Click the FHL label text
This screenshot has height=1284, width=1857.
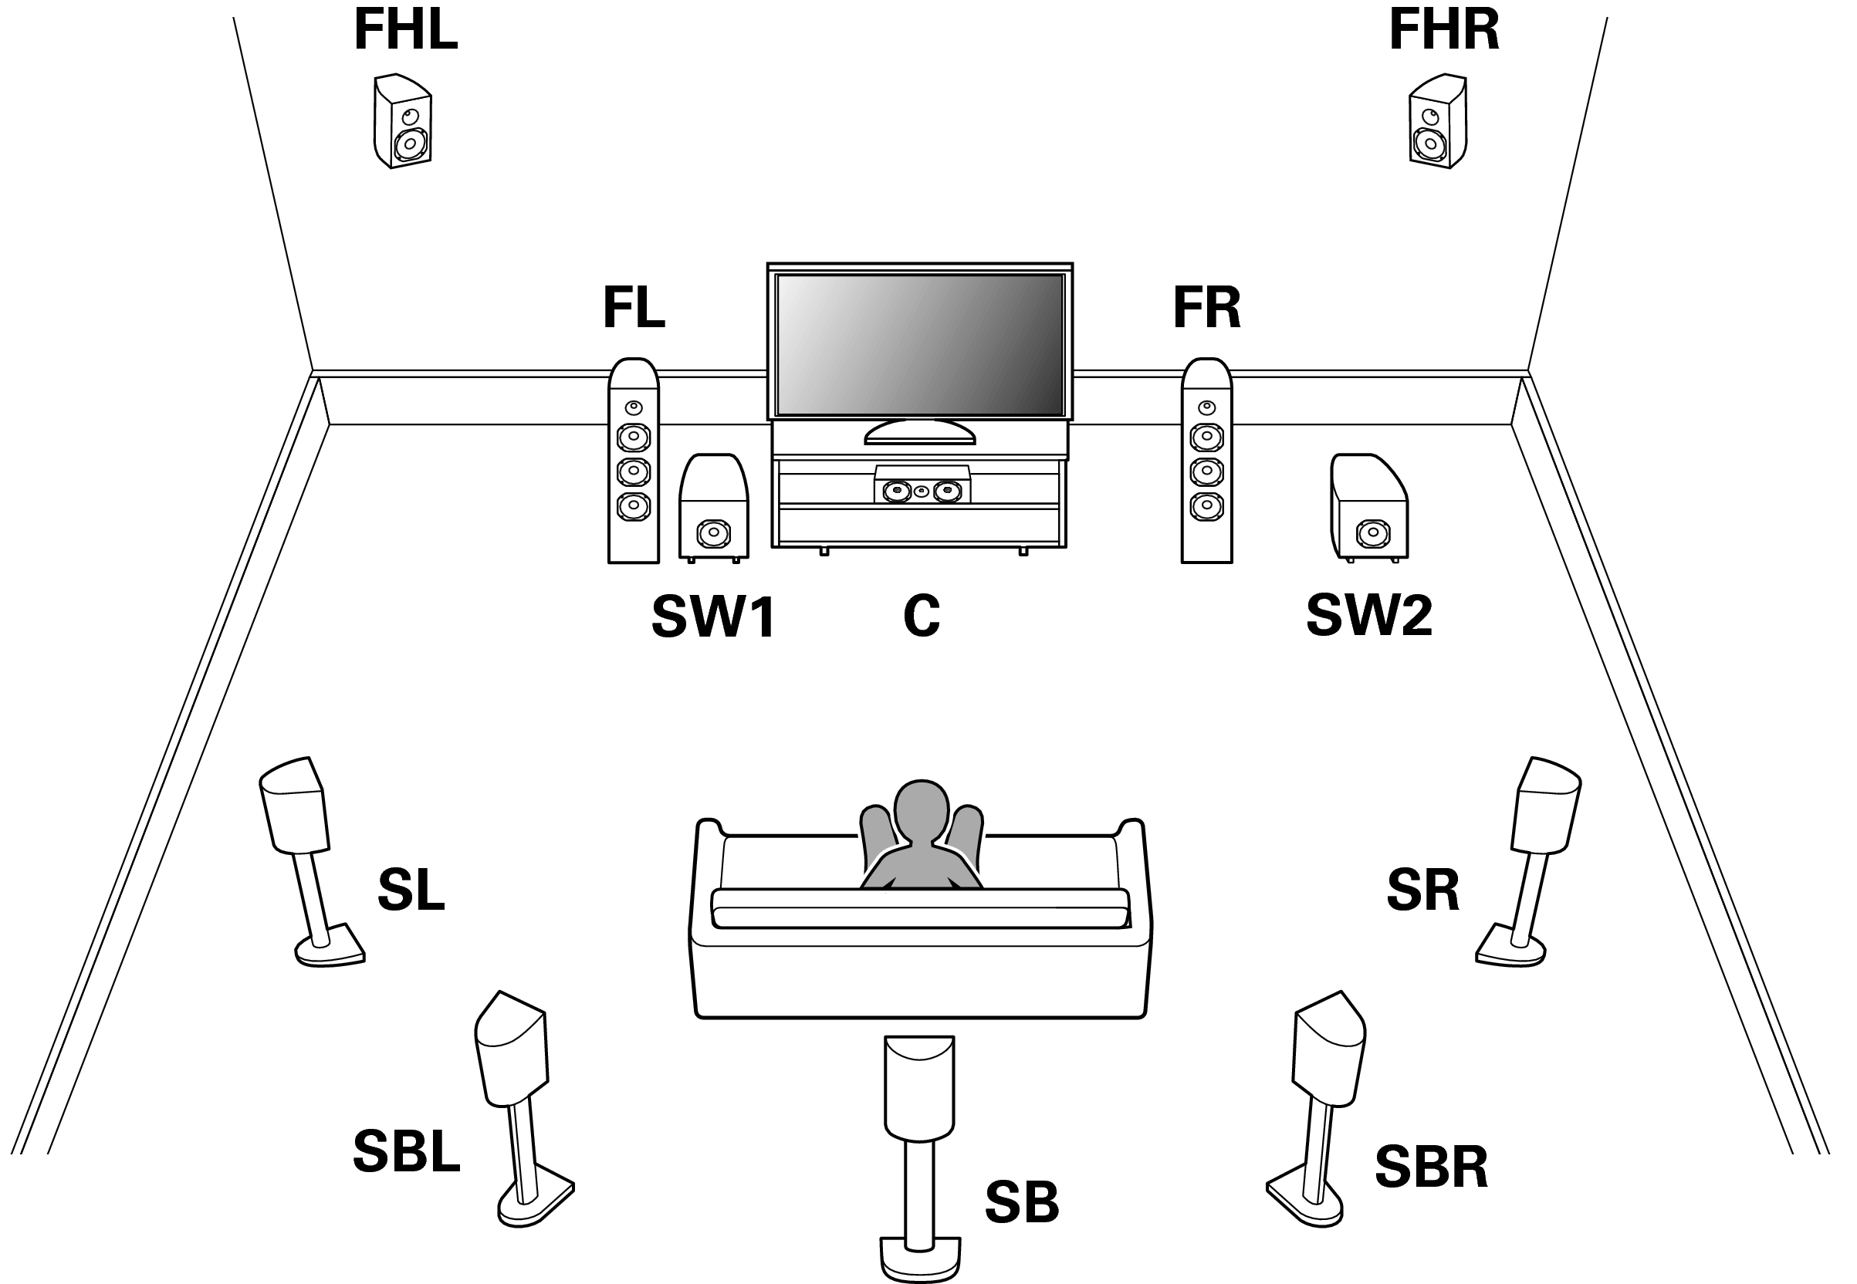click(x=405, y=30)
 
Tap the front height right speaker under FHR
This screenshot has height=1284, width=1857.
click(x=1438, y=122)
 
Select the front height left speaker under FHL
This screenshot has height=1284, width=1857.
click(x=402, y=122)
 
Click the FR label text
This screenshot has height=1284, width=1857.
click(x=1206, y=307)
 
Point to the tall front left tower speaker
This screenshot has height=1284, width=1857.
click(x=633, y=461)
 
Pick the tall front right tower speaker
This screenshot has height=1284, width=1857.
click(x=1206, y=461)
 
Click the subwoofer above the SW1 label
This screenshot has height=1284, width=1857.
click(x=714, y=509)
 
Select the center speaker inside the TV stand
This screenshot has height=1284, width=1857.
click(x=922, y=487)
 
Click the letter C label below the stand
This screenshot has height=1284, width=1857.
click(x=922, y=617)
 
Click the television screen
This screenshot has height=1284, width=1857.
click(x=920, y=345)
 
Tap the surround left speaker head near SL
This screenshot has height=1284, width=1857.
click(x=293, y=805)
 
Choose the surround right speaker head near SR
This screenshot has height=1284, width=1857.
click(x=1547, y=805)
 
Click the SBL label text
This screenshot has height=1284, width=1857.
click(x=406, y=1152)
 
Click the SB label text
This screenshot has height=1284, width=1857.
click(x=1022, y=1203)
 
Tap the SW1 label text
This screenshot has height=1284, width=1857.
click(x=713, y=617)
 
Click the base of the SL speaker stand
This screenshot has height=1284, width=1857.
click(x=330, y=950)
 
